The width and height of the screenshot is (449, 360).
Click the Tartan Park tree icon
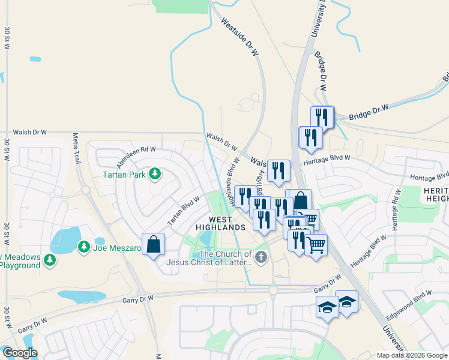(155, 174)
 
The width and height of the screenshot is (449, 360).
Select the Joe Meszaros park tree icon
(84, 247)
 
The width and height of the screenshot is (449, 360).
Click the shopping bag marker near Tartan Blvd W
(154, 244)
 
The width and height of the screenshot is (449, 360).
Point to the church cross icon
(260, 259)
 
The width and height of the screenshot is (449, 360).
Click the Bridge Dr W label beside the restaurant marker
(369, 112)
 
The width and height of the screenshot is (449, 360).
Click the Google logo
(20, 353)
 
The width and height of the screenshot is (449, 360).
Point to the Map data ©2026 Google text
(411, 355)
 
